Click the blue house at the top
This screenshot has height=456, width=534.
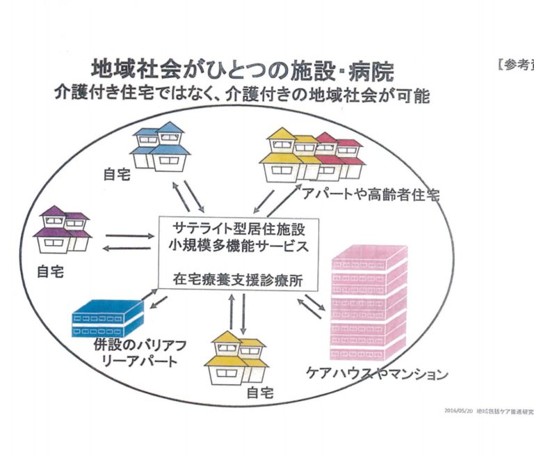point(159,146)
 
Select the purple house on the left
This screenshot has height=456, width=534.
point(64,230)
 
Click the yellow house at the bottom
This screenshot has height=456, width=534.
point(236,359)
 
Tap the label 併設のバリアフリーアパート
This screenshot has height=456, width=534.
point(136,352)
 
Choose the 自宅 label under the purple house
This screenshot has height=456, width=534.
point(49,272)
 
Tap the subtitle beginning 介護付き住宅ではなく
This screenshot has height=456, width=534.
point(243,95)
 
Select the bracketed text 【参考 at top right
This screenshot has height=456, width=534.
point(515,65)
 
